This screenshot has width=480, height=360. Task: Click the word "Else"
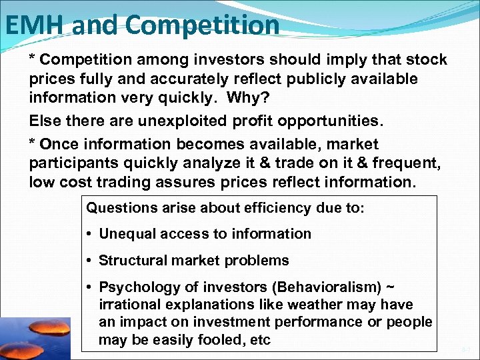[x=45, y=121]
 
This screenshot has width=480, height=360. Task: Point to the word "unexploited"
[x=189, y=121]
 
